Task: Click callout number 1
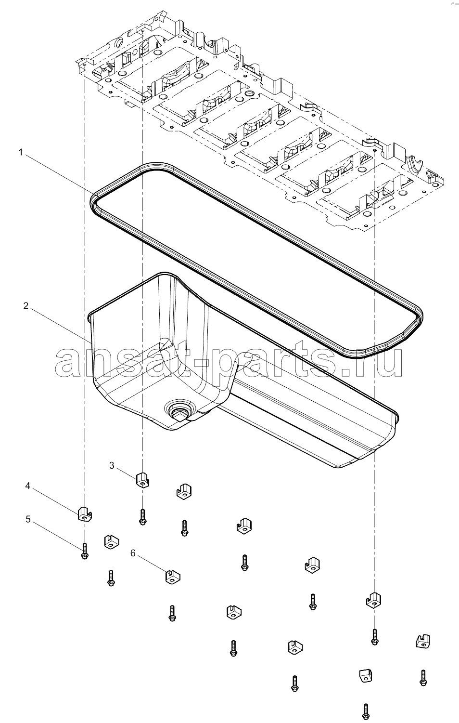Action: pyautogui.click(x=21, y=152)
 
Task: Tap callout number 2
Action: pyautogui.click(x=26, y=306)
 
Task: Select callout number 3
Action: pyautogui.click(x=112, y=465)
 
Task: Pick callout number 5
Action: pyautogui.click(x=28, y=519)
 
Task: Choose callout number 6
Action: pyautogui.click(x=133, y=553)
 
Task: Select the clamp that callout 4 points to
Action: pyautogui.click(x=85, y=513)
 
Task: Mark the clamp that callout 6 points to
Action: pyautogui.click(x=173, y=577)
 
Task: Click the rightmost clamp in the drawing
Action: pyautogui.click(x=423, y=640)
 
